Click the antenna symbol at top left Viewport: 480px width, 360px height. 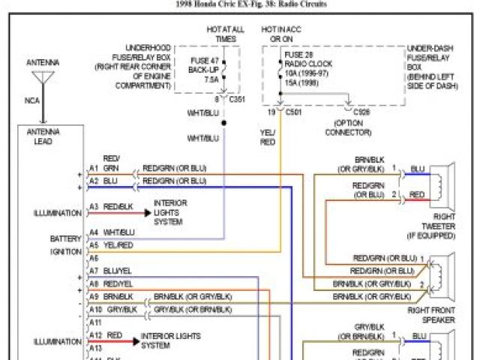[x=43, y=77]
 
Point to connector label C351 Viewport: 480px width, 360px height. [x=236, y=99]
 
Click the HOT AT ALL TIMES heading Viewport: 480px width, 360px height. [x=226, y=33]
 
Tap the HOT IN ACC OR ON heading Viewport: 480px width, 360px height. [x=282, y=33]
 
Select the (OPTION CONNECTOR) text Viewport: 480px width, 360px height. [x=348, y=127]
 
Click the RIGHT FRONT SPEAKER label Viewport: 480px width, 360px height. [x=432, y=314]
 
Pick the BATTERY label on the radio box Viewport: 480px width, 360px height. [x=66, y=238]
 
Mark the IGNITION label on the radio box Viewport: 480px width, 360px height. [x=66, y=252]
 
